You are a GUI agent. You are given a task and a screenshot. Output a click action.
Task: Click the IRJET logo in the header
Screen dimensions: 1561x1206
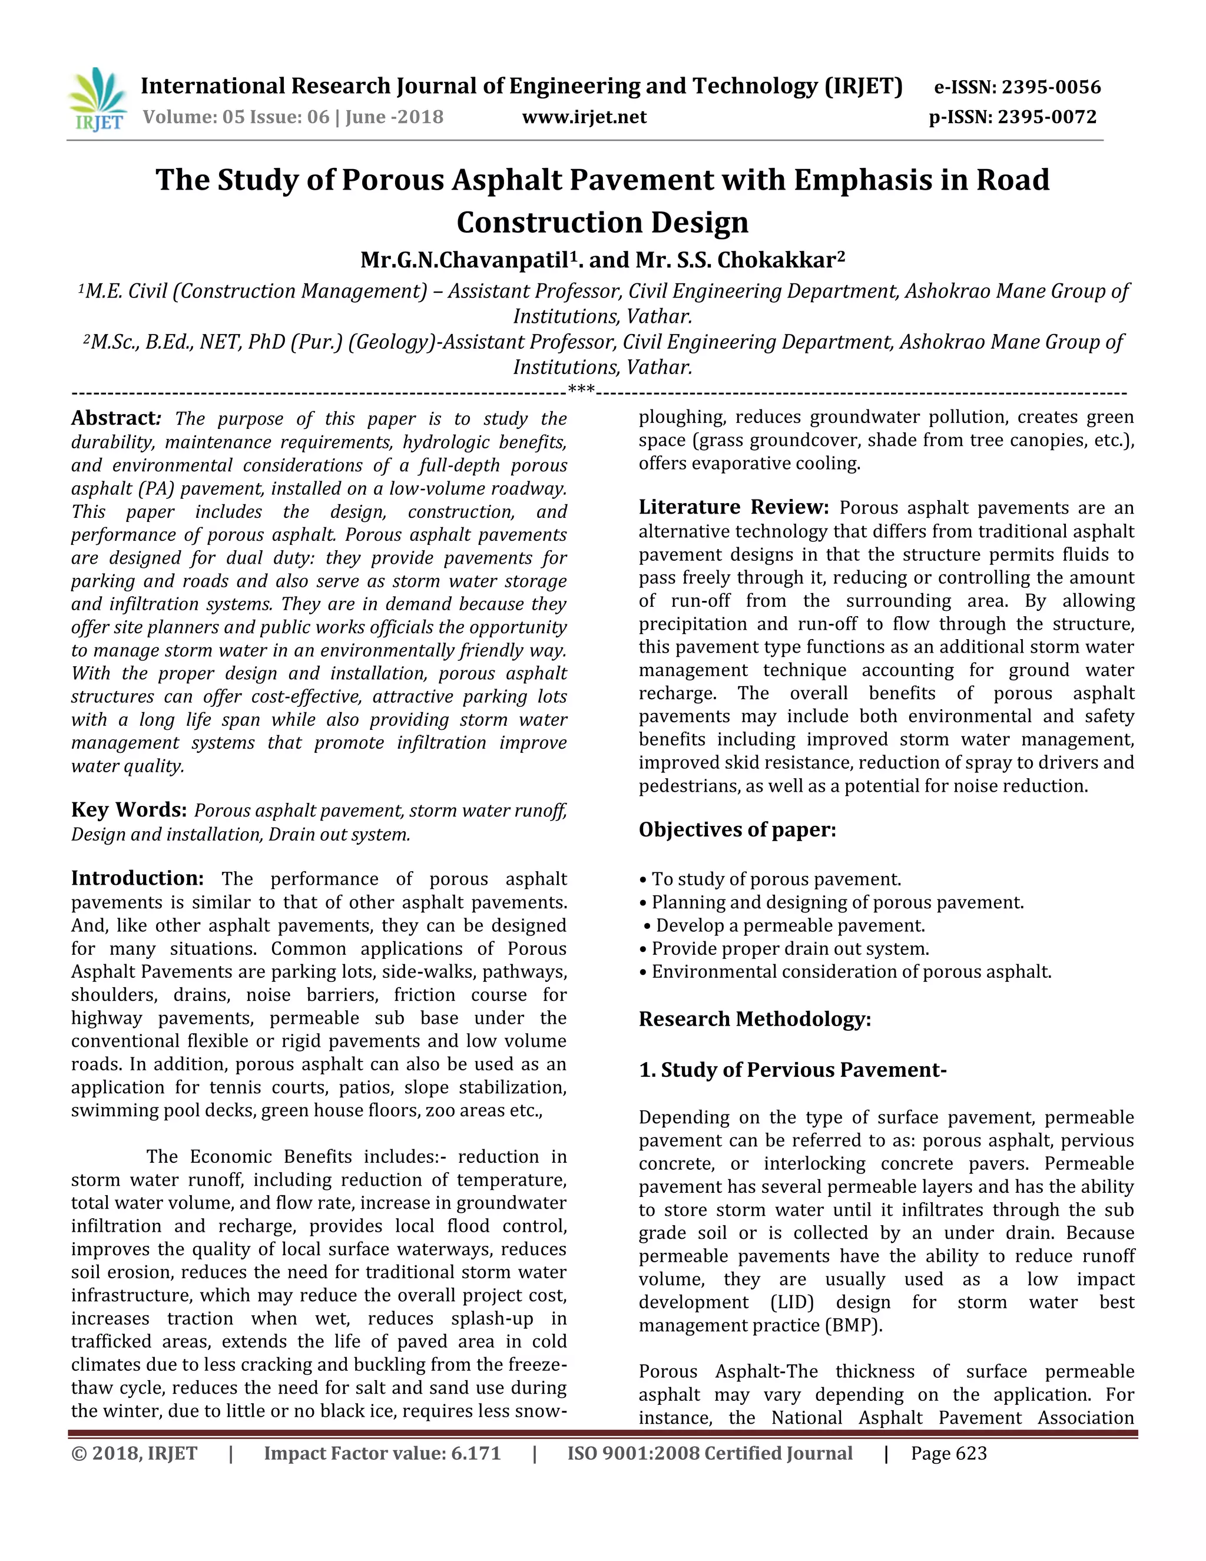(97, 101)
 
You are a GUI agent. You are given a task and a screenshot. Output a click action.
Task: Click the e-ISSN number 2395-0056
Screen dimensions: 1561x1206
(1051, 87)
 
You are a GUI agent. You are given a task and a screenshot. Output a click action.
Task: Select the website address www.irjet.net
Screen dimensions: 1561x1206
(584, 117)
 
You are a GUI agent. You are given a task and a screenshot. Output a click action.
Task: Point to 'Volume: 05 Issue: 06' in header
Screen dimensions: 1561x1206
(236, 117)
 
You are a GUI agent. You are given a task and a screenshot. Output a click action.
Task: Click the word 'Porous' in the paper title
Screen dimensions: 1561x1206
(392, 180)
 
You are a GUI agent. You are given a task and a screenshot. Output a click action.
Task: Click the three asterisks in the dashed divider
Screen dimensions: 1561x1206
(581, 390)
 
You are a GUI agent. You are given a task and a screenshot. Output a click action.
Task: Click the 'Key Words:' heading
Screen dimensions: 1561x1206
(128, 810)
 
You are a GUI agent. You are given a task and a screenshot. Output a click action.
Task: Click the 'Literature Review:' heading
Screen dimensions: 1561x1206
(733, 507)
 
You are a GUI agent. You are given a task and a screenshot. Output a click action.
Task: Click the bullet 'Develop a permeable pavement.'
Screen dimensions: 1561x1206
(790, 925)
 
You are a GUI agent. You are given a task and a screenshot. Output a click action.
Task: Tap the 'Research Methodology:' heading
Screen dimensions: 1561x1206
(754, 1018)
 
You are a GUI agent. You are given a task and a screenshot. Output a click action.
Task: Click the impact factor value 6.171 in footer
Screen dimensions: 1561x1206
(475, 1453)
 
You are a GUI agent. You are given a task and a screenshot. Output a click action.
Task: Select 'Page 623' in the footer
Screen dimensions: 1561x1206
(948, 1453)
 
